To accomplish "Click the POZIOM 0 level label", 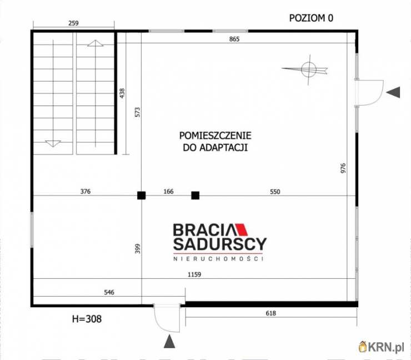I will [311, 17].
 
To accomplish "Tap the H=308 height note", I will [87, 319].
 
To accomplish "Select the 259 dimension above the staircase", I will [73, 23].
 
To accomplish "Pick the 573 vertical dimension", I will [137, 111].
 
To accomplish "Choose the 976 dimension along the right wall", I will [343, 169].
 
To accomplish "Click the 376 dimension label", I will [85, 191].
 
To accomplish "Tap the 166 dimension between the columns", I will [168, 191].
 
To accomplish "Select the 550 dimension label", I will [275, 191].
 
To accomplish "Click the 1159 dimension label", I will [194, 274].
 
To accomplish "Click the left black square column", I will [142, 195].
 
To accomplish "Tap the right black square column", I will [195, 195].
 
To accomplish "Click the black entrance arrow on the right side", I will [393, 93].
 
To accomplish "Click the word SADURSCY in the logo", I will [220, 244].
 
